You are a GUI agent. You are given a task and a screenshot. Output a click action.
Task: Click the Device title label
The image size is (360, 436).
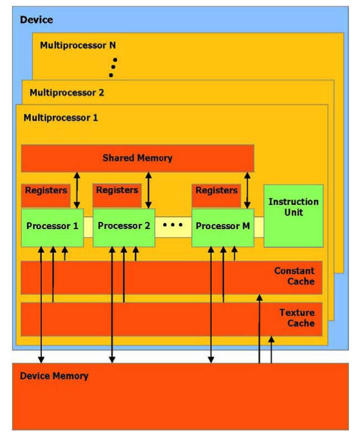[36, 20]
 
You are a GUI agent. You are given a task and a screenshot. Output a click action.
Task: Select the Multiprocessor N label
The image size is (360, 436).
[78, 45]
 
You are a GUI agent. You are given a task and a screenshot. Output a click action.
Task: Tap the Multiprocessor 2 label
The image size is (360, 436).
[67, 92]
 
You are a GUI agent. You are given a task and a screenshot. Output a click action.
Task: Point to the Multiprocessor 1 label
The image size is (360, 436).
[61, 118]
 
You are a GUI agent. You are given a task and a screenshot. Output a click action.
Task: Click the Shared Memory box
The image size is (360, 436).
[137, 158]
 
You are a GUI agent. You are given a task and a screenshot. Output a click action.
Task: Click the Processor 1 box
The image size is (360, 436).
[52, 226]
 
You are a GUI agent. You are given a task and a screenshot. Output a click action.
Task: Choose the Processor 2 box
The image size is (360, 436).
[123, 226]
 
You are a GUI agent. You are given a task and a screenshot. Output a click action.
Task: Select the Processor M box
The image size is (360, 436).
[222, 226]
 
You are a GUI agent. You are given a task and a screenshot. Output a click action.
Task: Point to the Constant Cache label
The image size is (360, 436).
[294, 276]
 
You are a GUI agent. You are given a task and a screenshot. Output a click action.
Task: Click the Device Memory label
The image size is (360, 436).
[54, 376]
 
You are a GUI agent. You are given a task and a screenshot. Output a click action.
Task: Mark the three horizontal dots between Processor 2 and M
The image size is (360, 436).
[173, 225]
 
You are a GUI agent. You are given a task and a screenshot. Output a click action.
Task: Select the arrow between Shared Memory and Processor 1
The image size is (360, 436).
[77, 190]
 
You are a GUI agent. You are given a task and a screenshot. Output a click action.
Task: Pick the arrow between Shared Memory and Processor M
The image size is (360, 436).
[247, 190]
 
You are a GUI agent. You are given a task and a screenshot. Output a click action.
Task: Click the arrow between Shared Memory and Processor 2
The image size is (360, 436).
[149, 190]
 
